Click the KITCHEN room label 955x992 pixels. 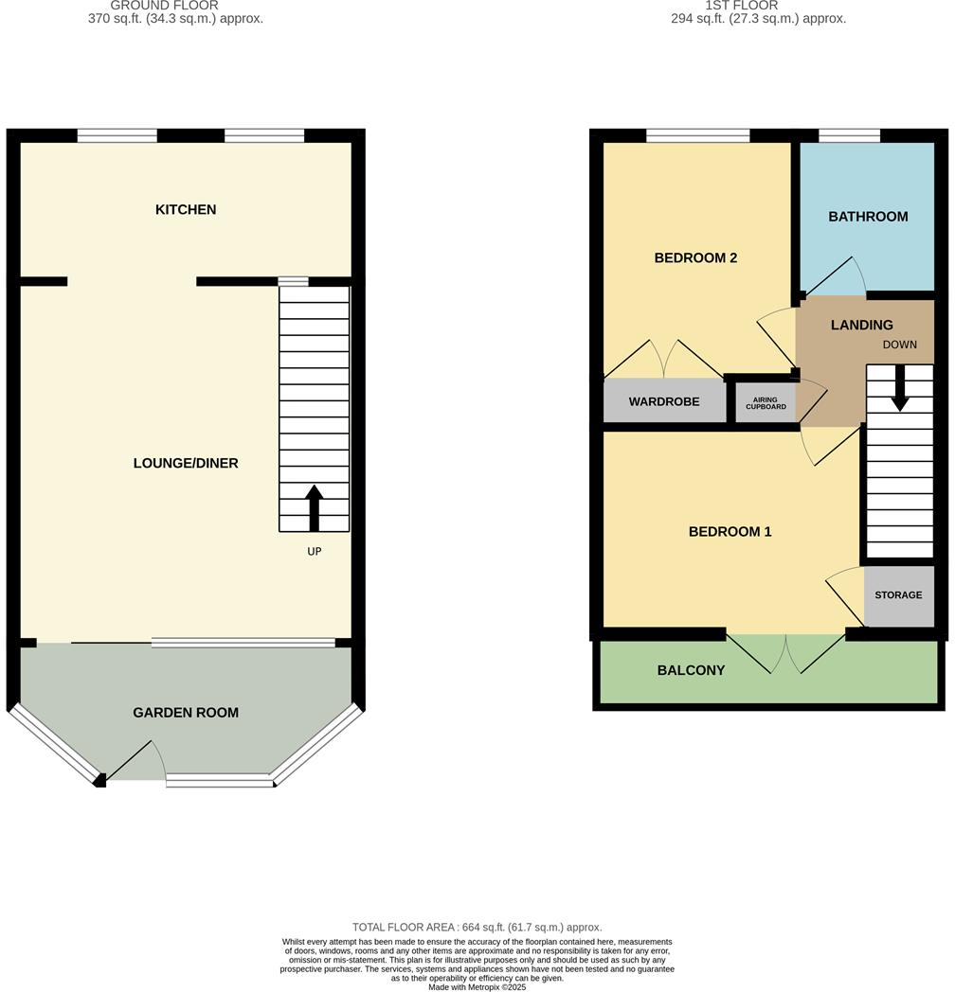[186, 209]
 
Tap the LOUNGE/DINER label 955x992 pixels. [186, 463]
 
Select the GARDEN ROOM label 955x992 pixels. [186, 713]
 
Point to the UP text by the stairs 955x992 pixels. [315, 551]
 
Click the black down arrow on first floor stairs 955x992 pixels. [899, 388]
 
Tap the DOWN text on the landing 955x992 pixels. [899, 345]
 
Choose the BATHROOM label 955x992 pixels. [868, 217]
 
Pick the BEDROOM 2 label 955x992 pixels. [696, 257]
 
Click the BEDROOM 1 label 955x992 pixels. [730, 532]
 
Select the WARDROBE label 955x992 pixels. [664, 401]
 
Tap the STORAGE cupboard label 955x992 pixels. [898, 595]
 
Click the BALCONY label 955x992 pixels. [691, 670]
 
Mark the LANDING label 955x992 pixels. [862, 325]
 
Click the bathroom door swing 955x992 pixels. [838, 275]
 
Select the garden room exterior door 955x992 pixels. [137, 761]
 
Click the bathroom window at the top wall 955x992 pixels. [848, 135]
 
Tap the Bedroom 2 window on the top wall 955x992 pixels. [698, 135]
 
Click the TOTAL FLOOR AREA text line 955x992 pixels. [477, 928]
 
